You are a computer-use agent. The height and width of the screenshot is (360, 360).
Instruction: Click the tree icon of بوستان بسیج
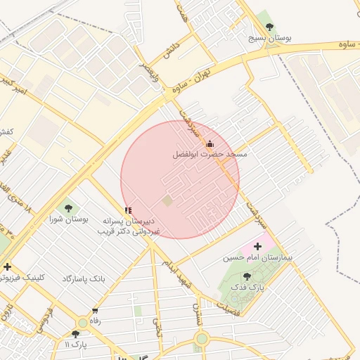coord(270,27)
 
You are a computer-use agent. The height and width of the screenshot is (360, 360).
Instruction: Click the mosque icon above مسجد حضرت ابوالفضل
coord(209,144)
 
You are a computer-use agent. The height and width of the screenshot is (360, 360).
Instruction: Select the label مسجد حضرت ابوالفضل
coord(210,154)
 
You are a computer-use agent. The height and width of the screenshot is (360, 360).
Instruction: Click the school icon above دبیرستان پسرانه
coord(128,210)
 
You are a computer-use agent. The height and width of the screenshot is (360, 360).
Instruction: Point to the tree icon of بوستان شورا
coord(68,207)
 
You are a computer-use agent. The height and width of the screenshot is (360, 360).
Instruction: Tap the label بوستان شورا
coord(68,219)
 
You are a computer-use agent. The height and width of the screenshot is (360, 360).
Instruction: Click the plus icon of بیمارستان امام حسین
coord(257,246)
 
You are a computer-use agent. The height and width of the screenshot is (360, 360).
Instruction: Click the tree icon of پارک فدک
coord(246,276)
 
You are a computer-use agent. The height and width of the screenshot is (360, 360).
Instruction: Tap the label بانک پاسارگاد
coord(83,279)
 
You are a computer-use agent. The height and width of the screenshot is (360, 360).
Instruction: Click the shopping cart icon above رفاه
coord(95,310)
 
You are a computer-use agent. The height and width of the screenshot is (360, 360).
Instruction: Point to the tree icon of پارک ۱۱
coord(75,333)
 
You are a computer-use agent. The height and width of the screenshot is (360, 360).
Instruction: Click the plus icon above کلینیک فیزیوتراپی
coord(7,266)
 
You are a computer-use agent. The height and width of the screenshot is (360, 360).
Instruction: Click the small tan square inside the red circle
coord(167,201)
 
